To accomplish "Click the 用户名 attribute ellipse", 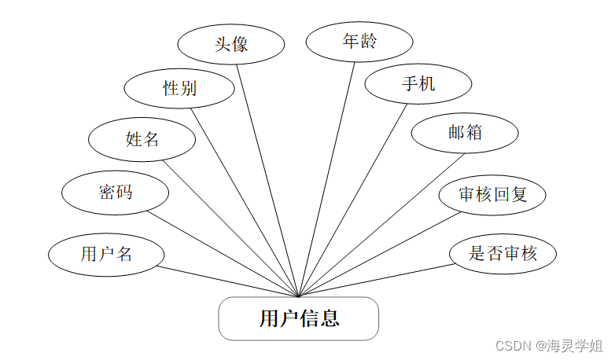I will (106, 254).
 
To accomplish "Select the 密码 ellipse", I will (116, 191).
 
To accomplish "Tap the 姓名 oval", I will (142, 140).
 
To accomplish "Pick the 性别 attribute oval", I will (179, 88).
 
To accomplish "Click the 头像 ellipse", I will (231, 44).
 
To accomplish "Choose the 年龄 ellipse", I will (359, 41).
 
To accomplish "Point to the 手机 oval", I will (418, 83).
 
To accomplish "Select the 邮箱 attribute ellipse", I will (465, 132).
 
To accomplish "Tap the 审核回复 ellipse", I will (492, 193).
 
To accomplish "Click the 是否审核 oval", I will (503, 253).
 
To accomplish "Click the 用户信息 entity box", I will (299, 318).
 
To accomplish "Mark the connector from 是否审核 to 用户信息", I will (377, 281).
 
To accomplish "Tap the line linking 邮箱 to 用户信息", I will (381, 226).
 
